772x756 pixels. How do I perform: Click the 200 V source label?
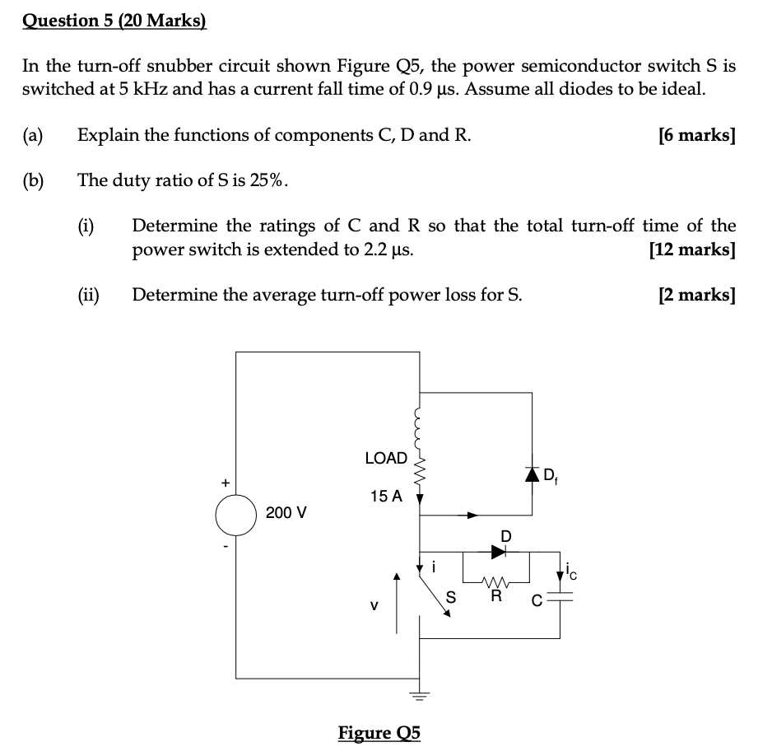[286, 513]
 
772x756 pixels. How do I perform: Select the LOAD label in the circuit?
[386, 458]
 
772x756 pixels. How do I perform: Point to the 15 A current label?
[386, 496]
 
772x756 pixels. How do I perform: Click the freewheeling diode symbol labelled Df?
[532, 474]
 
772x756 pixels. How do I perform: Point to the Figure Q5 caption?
[379, 732]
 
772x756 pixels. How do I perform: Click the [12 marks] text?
[691, 249]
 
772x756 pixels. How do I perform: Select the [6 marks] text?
[696, 135]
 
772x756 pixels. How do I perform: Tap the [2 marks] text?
[696, 294]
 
